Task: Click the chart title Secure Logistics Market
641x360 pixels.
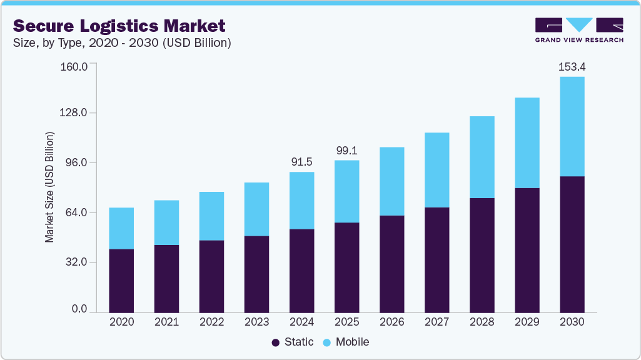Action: pos(119,26)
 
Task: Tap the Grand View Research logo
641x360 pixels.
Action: pos(578,30)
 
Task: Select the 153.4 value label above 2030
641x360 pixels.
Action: pos(572,66)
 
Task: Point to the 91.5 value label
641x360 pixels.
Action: pos(301,161)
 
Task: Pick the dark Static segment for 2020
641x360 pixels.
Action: pos(121,281)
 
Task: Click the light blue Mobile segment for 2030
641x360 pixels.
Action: pos(572,126)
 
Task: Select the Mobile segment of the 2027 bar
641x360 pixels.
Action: pos(437,170)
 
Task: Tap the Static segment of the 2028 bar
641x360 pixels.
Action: pos(482,255)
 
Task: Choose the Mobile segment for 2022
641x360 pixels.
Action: pos(211,216)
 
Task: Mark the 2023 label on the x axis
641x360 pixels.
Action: pos(256,322)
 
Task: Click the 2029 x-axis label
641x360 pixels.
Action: pos(527,322)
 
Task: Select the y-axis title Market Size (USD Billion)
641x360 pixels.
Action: pos(49,187)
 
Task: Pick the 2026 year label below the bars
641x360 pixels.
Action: pos(391,322)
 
